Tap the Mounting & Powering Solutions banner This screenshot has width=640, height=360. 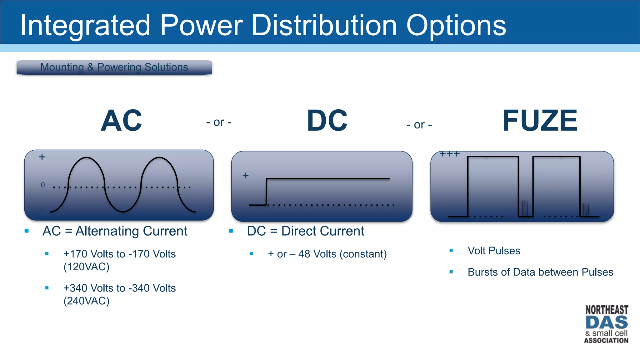click(114, 67)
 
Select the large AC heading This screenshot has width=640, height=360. click(121, 121)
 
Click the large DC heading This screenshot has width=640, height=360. click(327, 121)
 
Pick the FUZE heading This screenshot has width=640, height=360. click(540, 121)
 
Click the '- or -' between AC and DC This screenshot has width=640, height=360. click(219, 122)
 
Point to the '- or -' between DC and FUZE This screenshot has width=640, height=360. click(419, 125)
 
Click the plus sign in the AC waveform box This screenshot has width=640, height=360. click(42, 157)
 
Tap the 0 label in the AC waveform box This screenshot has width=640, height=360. click(43, 185)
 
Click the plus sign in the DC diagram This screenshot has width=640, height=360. click(246, 176)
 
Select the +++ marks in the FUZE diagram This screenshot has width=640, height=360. click(450, 154)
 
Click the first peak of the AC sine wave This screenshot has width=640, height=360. click(87, 158)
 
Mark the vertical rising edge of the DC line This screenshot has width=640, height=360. click(266, 192)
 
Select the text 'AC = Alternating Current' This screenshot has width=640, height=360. click(115, 231)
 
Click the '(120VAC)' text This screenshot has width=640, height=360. click(87, 267)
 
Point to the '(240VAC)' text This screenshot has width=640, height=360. click(87, 301)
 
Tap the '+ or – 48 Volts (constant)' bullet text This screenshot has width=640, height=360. click(327, 254)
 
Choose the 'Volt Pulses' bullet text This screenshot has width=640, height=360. click(494, 251)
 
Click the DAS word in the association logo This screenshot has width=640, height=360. click(606, 322)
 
